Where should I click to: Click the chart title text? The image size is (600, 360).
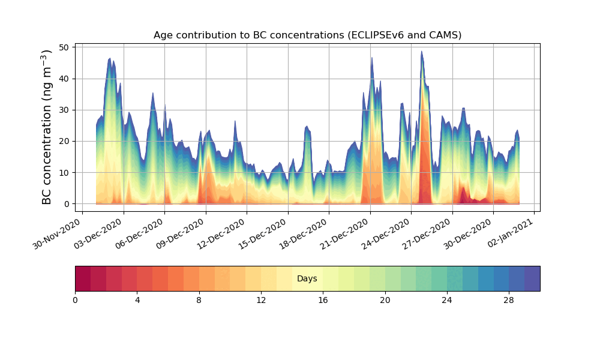(307, 35)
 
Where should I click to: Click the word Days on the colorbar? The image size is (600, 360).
(307, 279)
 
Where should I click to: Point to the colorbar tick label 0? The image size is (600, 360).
(75, 300)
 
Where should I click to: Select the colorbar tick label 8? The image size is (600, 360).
(199, 300)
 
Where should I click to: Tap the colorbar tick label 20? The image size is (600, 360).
(385, 300)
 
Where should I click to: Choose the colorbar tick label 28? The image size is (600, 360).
(509, 300)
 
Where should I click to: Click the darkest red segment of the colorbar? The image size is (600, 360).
(83, 278)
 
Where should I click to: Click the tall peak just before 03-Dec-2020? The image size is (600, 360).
(110, 59)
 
